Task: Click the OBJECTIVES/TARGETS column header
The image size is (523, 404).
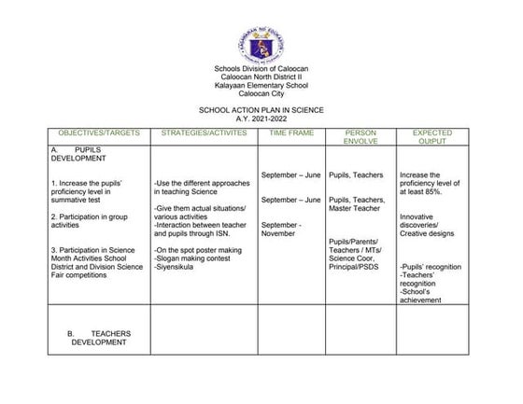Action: point(99,133)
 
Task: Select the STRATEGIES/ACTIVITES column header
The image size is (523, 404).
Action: point(205,133)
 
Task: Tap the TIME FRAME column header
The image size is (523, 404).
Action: point(291,133)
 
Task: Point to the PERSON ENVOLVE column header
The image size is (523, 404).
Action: point(360,138)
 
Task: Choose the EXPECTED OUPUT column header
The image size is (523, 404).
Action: point(431,138)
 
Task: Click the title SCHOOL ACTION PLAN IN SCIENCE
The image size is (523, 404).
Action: point(261,110)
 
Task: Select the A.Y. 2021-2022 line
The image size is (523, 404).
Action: point(261,118)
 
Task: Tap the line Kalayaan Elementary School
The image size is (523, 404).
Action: point(261,86)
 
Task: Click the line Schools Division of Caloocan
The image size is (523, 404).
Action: point(261,70)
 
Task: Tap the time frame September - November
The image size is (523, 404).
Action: point(281,229)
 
